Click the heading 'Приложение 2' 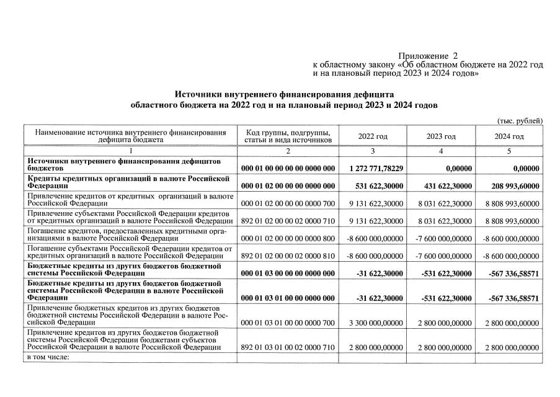tap(427, 56)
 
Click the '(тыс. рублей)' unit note tap(520, 120)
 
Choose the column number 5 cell tap(509, 151)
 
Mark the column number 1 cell tap(130, 151)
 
